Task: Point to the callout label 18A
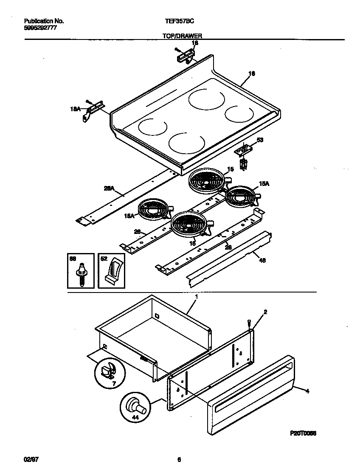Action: click(75, 109)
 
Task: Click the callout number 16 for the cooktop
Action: click(251, 73)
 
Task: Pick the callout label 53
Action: click(260, 140)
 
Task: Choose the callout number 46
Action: click(262, 261)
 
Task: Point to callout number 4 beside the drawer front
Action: click(307, 391)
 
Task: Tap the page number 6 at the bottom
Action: click(179, 459)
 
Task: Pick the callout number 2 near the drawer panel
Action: click(265, 312)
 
